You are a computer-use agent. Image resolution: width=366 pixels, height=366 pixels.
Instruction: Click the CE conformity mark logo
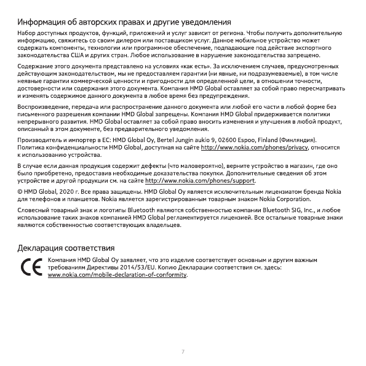[x=29, y=268]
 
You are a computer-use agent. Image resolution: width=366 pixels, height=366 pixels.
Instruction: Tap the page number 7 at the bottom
[x=183, y=351]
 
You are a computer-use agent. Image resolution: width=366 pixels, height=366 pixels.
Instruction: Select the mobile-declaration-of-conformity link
[x=117, y=274]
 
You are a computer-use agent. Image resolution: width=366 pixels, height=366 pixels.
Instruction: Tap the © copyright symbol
[x=20, y=191]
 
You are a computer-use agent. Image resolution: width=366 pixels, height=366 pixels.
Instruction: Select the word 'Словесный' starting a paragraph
[x=32, y=210]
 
